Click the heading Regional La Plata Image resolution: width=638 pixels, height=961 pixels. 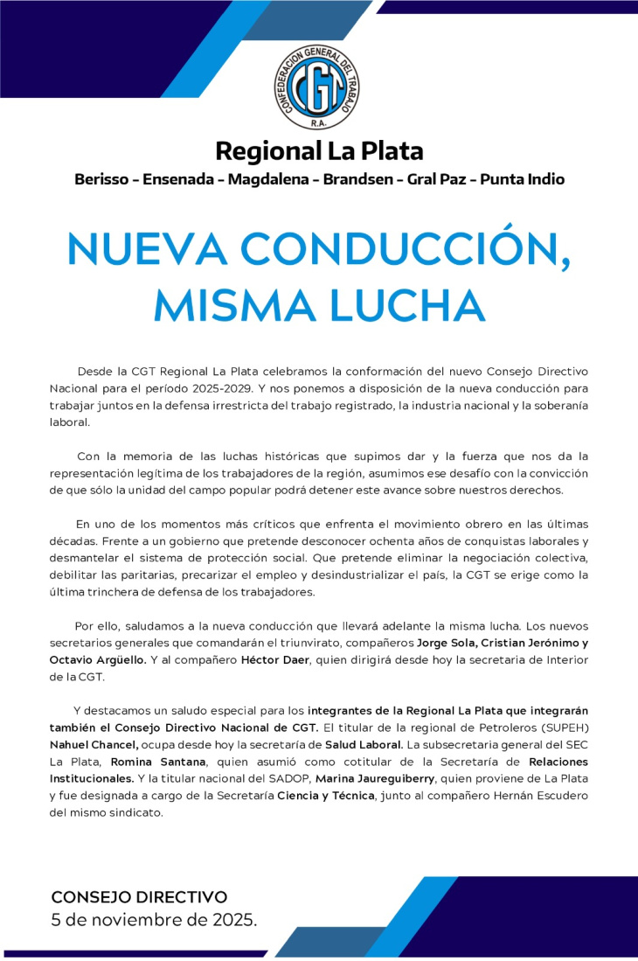(x=319, y=150)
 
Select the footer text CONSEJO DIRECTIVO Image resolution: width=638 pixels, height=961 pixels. (x=139, y=897)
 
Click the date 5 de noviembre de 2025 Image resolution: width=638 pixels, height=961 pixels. (x=154, y=920)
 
